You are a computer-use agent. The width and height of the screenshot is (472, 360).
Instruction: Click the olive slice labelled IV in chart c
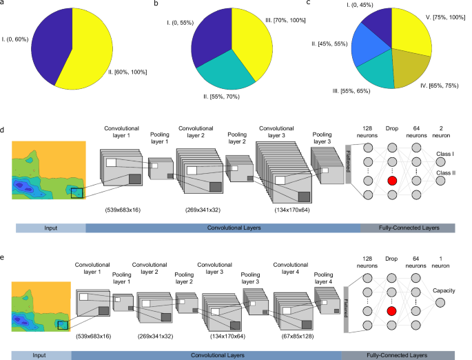410,83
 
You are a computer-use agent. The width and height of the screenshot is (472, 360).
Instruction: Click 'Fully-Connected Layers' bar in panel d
407,227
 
